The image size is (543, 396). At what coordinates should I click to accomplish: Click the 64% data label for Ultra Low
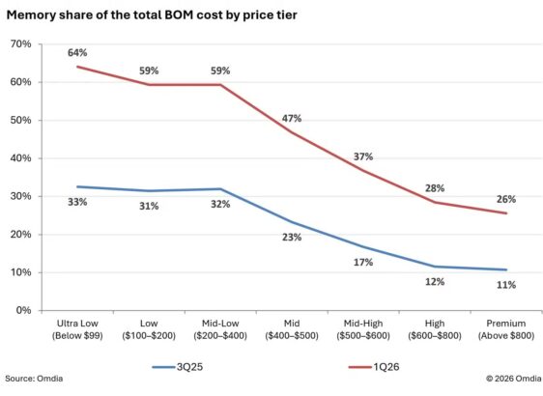[x=77, y=52]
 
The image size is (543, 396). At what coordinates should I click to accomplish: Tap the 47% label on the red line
[x=292, y=119]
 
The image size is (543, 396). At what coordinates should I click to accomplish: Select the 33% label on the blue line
[x=77, y=202]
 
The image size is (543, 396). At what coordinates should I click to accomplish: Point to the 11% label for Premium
[x=506, y=285]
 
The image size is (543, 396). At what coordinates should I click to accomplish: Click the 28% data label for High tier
[x=435, y=188]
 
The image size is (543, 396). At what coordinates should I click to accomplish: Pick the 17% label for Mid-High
[x=363, y=263]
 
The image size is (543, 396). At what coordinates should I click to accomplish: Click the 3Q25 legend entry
[x=178, y=367]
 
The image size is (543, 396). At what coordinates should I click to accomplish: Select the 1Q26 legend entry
[x=374, y=367]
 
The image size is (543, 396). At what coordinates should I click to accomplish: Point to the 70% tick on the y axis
[x=21, y=44]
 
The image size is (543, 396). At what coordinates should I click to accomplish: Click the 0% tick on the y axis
[x=23, y=310]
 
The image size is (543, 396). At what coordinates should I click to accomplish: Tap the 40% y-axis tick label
[x=21, y=158]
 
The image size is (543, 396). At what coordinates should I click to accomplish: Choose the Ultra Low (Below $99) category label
[x=77, y=329]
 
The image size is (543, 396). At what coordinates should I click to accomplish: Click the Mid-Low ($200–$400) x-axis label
[x=220, y=329]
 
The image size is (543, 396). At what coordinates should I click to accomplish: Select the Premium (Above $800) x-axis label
[x=506, y=329]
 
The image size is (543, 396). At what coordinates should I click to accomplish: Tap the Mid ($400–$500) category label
[x=292, y=329]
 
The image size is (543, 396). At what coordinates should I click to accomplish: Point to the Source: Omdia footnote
[x=34, y=379]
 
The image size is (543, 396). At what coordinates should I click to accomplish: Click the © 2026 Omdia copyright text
[x=514, y=379]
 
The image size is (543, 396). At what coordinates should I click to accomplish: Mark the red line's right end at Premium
[x=506, y=213]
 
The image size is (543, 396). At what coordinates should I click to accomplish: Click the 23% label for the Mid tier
[x=292, y=237]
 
